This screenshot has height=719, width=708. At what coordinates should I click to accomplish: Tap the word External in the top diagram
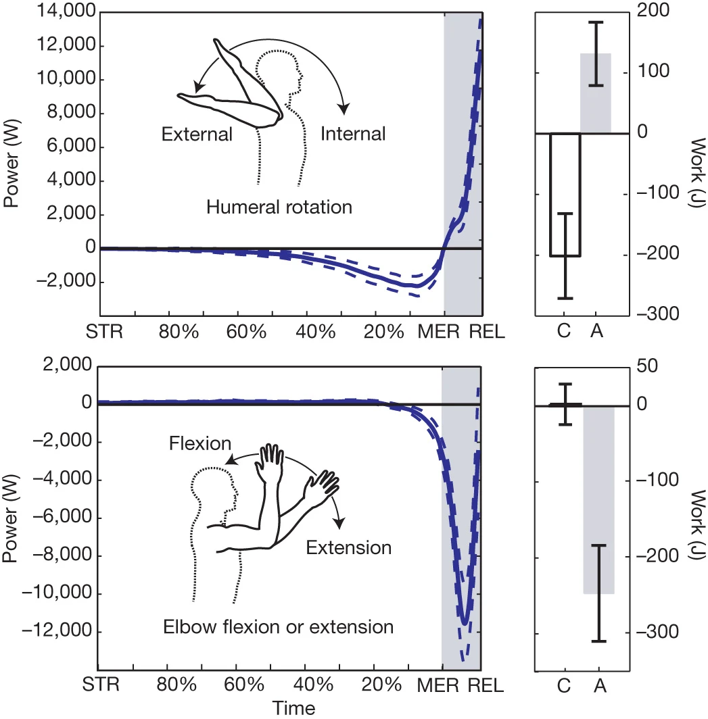click(x=197, y=134)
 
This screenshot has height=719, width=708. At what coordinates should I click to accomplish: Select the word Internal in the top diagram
click(x=353, y=134)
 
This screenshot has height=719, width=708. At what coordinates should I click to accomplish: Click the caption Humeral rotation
click(x=279, y=207)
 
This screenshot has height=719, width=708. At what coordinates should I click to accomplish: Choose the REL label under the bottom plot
click(x=486, y=685)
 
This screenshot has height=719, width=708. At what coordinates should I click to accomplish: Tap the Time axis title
click(x=294, y=708)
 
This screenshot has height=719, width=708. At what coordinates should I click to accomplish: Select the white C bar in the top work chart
click(x=565, y=195)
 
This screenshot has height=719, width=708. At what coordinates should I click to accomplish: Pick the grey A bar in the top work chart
click(x=596, y=93)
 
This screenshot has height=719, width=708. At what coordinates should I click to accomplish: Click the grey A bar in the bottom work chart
click(x=598, y=500)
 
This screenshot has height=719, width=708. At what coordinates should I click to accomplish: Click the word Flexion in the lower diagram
click(x=200, y=443)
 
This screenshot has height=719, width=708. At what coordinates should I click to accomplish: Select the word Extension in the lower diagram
click(x=348, y=547)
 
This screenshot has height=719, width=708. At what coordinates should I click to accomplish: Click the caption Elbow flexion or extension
click(x=279, y=627)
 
